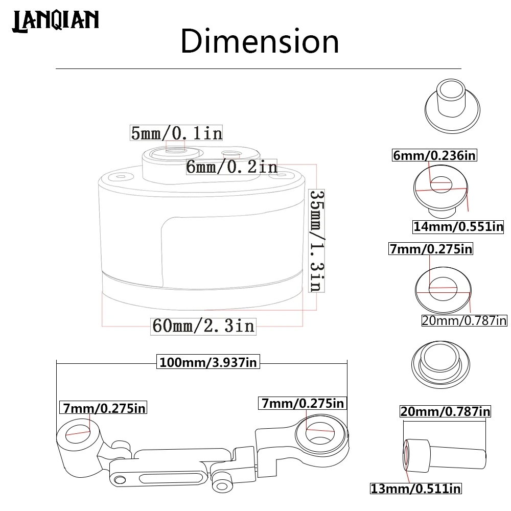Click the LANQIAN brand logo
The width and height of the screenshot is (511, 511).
(x=55, y=21)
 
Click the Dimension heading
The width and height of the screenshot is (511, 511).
(x=260, y=41)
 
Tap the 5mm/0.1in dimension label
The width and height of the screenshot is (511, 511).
(x=176, y=133)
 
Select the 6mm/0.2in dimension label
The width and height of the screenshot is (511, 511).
(x=231, y=167)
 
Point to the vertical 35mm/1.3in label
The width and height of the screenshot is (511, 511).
(x=316, y=241)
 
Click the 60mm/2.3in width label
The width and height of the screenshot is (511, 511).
(x=204, y=326)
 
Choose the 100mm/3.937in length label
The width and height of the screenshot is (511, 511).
(x=208, y=362)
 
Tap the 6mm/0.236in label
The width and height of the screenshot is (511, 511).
(x=434, y=155)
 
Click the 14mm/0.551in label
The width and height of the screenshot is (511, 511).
(x=458, y=226)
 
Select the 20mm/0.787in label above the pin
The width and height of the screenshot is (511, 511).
(x=445, y=411)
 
